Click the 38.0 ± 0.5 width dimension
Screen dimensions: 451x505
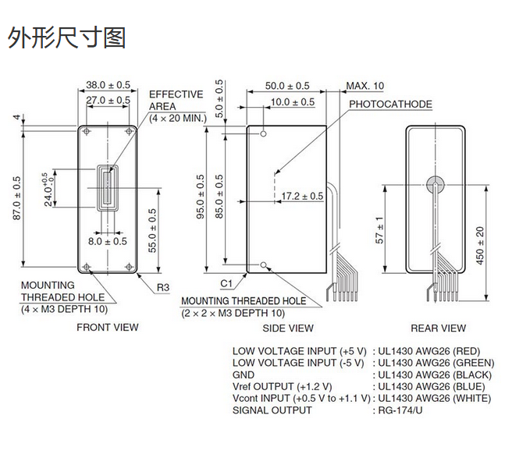[108, 84]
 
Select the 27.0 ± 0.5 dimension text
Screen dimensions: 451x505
[108, 100]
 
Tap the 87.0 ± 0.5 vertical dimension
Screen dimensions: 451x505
[17, 198]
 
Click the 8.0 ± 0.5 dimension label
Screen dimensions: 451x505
[107, 241]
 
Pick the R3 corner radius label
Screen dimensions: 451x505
[162, 287]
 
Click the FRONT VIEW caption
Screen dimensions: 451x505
[108, 328]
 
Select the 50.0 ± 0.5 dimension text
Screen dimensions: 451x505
[287, 85]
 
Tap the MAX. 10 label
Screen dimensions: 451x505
[365, 85]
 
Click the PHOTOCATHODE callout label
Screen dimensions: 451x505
[390, 104]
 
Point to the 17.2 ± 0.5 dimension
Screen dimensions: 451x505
[302, 196]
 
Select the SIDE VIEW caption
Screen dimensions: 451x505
[287, 328]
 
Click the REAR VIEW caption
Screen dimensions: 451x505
[439, 328]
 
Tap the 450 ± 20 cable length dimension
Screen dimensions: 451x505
[481, 244]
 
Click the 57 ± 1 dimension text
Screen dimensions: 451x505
[380, 230]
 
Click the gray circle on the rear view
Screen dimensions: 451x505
[436, 184]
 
